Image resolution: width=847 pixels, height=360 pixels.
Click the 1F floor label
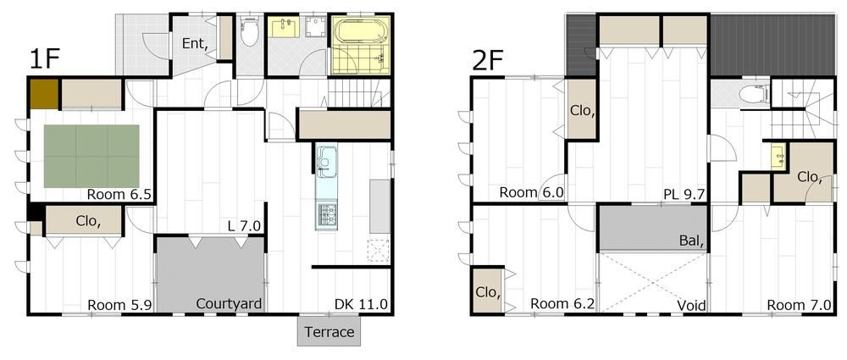click(44, 59)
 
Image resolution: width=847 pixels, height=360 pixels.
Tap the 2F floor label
click(487, 60)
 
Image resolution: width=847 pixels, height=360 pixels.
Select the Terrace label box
click(329, 331)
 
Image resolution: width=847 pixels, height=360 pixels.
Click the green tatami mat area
click(91, 156)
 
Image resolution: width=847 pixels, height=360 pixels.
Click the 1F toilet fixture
click(249, 32)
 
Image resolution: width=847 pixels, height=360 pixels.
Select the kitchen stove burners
click(326, 214)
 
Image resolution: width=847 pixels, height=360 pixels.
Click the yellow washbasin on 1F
click(284, 27)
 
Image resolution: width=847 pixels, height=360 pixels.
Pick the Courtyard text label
click(229, 303)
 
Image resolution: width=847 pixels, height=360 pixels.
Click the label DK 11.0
click(362, 304)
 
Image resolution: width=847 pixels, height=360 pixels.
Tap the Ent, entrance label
click(196, 44)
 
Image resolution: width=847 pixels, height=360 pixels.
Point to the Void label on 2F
click(691, 306)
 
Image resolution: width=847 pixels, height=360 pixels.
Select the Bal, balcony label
click(691, 241)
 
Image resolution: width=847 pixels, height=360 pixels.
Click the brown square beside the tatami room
click(44, 94)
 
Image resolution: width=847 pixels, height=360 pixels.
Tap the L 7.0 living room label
click(245, 228)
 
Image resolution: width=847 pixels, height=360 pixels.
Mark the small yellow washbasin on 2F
click(778, 158)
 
